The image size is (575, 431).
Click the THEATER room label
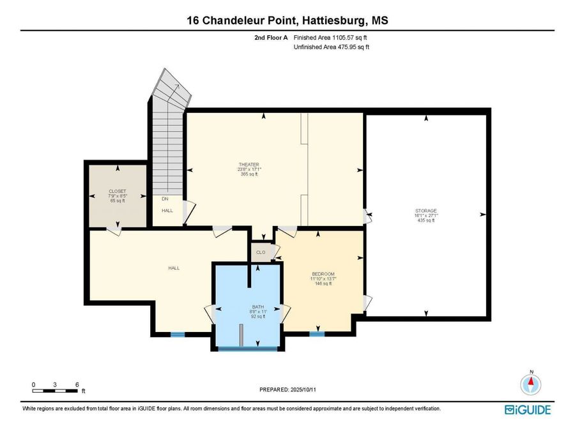pos(249,165)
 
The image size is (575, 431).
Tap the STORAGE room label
pos(425,211)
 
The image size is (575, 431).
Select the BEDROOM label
pos(323,274)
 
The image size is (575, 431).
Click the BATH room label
pos(258,306)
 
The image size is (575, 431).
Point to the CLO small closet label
pos(261,252)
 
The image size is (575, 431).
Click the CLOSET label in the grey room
pos(118,192)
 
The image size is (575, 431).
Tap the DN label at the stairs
pos(165,199)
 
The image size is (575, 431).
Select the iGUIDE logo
pos(528,409)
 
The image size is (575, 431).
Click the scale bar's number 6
pos(77,384)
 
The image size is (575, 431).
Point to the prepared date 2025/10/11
pos(303,389)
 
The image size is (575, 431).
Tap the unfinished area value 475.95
pos(347,47)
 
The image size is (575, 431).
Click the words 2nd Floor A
pos(271,38)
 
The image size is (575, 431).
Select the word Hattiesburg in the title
pos(334,20)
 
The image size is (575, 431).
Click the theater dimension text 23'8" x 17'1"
pos(249,169)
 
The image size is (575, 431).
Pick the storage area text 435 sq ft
pos(425,220)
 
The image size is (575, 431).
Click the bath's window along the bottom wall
pos(248,349)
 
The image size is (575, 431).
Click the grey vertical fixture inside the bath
pos(241,335)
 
